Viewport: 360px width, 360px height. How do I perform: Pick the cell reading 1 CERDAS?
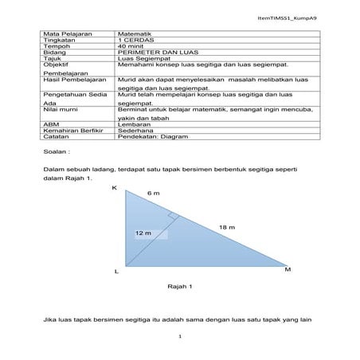[135, 41]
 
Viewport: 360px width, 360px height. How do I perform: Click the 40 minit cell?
[132, 47]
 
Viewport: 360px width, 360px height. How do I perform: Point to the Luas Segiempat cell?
[141, 60]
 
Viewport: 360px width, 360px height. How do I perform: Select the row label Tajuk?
[52, 60]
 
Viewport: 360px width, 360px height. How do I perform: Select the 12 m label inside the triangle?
[143, 233]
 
